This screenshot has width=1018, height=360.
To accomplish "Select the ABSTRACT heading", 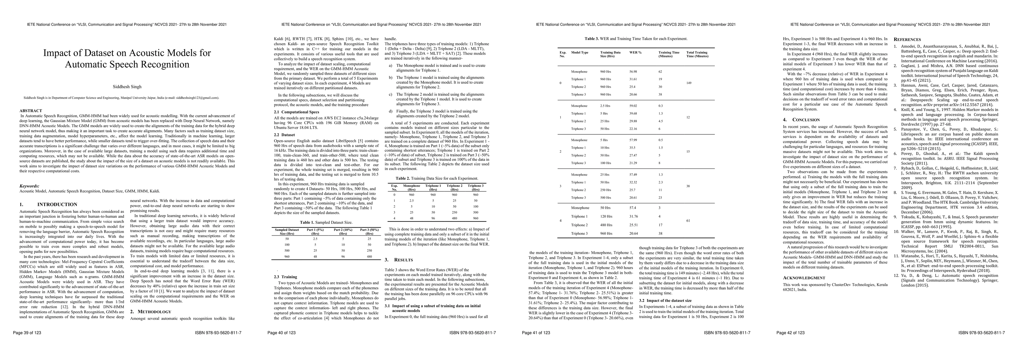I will [x=31, y=111].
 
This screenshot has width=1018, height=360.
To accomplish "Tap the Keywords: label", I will [x=29, y=186].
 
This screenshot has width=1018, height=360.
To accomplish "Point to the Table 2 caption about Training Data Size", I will [x=437, y=178].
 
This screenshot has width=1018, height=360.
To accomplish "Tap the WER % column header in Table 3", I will [x=635, y=52].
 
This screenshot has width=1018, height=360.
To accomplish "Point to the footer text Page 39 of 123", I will [x=27, y=333].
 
